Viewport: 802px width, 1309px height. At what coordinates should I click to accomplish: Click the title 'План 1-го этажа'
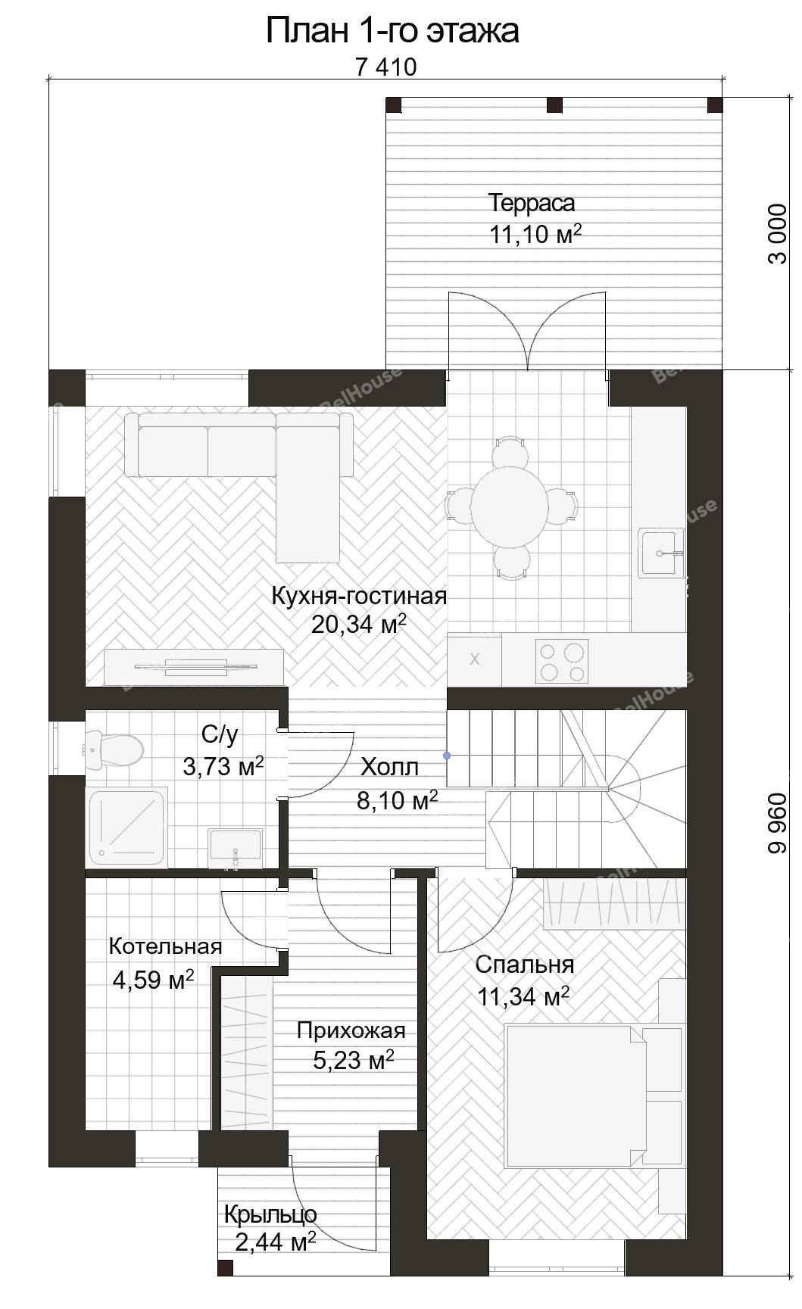(392, 33)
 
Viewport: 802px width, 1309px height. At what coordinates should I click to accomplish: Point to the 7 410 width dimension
(385, 67)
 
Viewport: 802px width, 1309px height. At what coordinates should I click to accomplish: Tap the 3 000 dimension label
(778, 233)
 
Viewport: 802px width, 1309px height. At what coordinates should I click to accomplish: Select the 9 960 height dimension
(778, 824)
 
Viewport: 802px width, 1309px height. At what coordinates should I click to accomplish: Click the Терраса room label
(531, 203)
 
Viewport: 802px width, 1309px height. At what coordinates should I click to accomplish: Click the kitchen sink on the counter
(661, 553)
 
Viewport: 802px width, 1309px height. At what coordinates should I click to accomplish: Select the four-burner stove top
(561, 661)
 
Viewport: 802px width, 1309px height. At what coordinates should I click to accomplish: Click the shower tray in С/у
(127, 827)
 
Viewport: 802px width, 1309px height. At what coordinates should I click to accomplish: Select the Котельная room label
(165, 946)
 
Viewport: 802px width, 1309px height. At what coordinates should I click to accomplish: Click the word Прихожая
(351, 1030)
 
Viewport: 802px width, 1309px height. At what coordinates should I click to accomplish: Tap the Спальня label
(524, 965)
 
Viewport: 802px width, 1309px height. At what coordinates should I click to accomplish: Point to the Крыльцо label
(270, 1214)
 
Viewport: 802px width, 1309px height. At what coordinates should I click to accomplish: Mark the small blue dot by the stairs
(447, 755)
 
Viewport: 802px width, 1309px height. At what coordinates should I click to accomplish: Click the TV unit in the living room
(194, 666)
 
